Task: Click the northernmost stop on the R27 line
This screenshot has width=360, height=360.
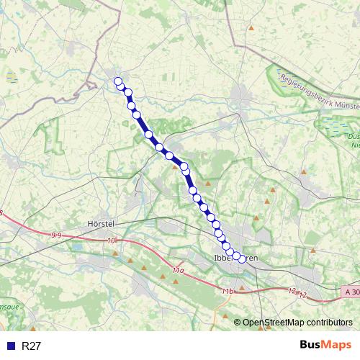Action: click(x=118, y=81)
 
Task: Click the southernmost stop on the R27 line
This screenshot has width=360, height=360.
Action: click(x=242, y=260)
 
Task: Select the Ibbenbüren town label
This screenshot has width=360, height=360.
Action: click(x=236, y=257)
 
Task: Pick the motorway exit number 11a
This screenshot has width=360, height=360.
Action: click(x=179, y=269)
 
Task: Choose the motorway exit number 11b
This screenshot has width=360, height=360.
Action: click(x=228, y=291)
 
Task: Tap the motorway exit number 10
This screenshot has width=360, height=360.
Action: click(x=110, y=241)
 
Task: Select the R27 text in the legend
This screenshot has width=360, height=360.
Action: click(x=32, y=346)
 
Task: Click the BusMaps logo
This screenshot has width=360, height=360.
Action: click(x=325, y=346)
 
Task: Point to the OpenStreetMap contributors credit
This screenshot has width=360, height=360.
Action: click(x=297, y=323)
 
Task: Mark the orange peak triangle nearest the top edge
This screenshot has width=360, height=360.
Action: click(x=251, y=28)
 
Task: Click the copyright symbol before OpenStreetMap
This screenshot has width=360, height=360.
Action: click(x=237, y=323)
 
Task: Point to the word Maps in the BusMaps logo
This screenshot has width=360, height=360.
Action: click(x=337, y=346)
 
